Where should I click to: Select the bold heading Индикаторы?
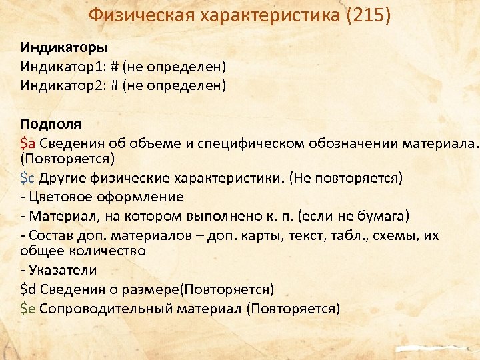(x=64, y=47)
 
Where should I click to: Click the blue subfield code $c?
(x=28, y=178)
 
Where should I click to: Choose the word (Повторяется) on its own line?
(x=67, y=159)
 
